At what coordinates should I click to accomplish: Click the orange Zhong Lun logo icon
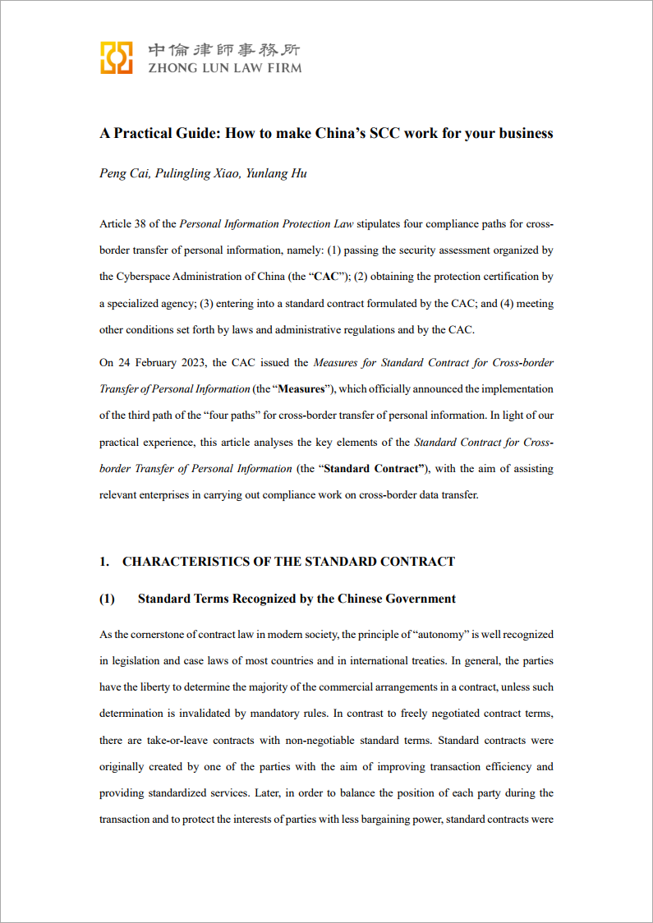[117, 57]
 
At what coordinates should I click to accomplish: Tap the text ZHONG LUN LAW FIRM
[224, 68]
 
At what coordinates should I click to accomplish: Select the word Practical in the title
[140, 133]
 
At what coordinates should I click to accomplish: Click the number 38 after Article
[144, 224]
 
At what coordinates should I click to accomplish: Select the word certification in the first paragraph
[514, 277]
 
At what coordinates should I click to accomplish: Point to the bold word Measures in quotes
[301, 389]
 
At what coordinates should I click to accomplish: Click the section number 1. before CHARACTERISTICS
[104, 562]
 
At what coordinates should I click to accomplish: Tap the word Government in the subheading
[419, 599]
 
